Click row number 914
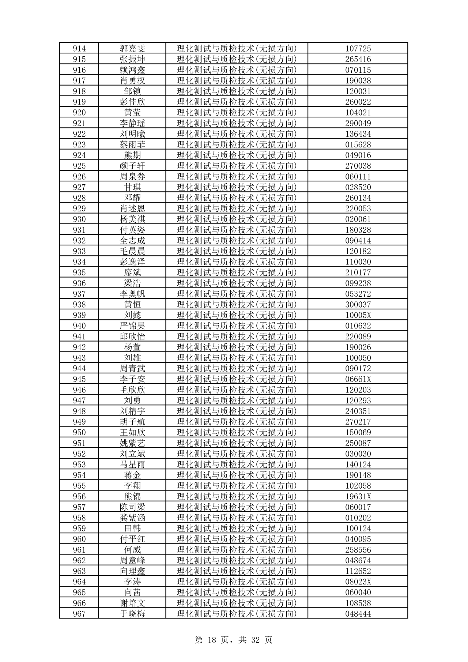79,49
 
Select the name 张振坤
132,59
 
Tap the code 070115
358,70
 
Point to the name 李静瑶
132,123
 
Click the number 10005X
358,315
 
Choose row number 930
79,219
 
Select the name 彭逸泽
132,262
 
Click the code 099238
358,283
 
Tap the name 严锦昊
132,326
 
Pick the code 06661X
358,379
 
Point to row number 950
79,433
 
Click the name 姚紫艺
132,443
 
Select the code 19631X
358,497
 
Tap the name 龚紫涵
132,518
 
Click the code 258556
358,550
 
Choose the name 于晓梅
132,614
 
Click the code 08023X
358,582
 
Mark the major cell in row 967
237,614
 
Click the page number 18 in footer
212,640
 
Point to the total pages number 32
256,640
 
